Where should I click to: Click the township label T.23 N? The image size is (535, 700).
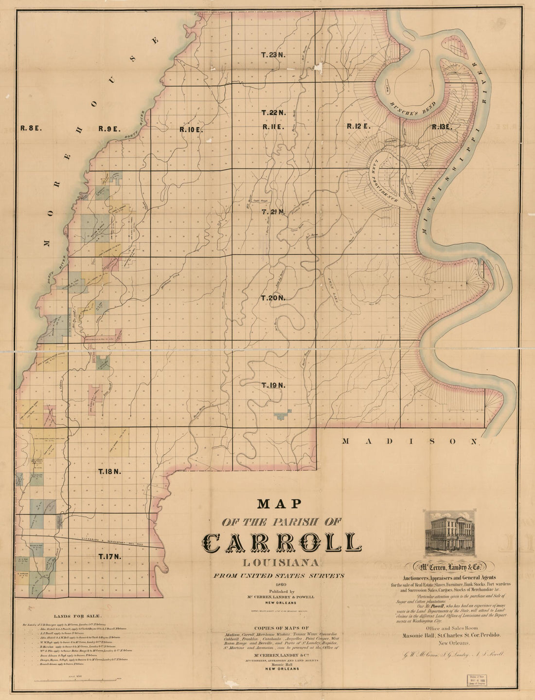273,55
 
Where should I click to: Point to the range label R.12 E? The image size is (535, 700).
358,126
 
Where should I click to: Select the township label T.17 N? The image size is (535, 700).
110,556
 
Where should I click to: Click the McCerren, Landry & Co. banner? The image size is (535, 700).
448,567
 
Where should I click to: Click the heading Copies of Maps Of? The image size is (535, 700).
282,628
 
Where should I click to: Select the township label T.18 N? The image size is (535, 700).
109,471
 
